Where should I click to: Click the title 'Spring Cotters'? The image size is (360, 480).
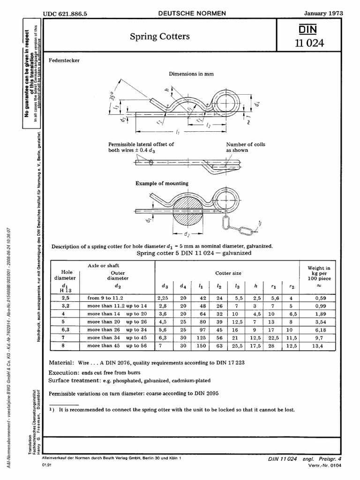coord(153,36)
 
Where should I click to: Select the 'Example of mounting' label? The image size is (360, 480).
coord(162,183)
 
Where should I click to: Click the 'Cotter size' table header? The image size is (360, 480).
coord(228,272)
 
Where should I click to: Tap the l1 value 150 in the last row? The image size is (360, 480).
coord(201,346)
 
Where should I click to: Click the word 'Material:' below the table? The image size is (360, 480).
coord(61,363)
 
